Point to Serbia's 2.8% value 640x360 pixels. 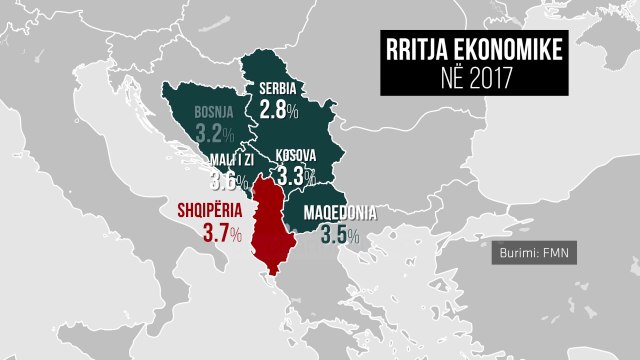point(279,109)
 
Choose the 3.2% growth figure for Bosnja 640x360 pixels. point(216,133)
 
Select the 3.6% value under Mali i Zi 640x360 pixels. point(229,182)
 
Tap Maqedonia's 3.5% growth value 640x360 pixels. point(340,236)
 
